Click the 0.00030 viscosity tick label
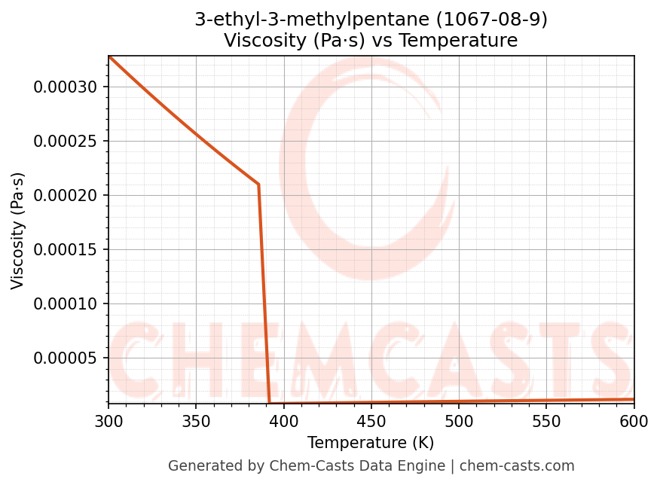click(x=66, y=87)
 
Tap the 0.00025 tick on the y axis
click(x=66, y=142)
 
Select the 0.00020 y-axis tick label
click(x=66, y=196)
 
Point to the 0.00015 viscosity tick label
click(x=66, y=250)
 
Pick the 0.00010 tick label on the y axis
click(x=66, y=304)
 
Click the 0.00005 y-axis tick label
click(x=66, y=358)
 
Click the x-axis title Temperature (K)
click(x=371, y=443)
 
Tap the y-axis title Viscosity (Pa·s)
click(x=18, y=230)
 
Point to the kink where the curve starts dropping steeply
click(x=258, y=184)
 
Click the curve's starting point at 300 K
click(x=108, y=56)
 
